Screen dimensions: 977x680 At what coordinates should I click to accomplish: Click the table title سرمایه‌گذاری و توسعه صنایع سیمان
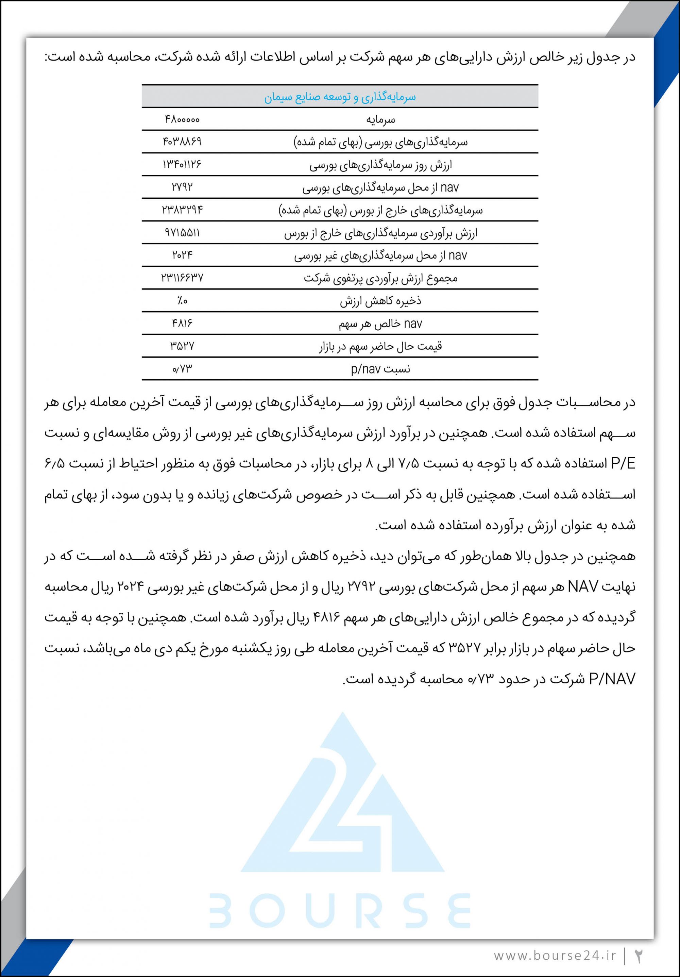click(x=340, y=97)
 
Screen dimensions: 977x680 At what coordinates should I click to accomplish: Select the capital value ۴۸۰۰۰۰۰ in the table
click(x=182, y=119)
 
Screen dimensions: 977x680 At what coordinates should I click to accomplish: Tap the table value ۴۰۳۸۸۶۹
click(x=182, y=142)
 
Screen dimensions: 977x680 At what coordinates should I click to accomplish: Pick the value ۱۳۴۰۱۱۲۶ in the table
click(x=182, y=164)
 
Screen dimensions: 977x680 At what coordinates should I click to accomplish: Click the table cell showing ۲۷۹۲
click(x=182, y=187)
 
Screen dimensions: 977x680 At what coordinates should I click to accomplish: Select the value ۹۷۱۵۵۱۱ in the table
click(x=182, y=232)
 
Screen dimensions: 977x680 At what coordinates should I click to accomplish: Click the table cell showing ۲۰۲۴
click(x=182, y=255)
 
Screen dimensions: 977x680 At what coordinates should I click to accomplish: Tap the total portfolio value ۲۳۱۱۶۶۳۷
click(x=182, y=278)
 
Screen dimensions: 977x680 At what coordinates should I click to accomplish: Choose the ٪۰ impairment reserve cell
click(x=182, y=301)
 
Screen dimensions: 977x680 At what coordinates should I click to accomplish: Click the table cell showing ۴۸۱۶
click(x=182, y=324)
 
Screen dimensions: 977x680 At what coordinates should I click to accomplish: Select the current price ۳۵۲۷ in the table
click(x=182, y=346)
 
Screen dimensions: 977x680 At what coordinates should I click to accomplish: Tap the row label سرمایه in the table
click(x=380, y=119)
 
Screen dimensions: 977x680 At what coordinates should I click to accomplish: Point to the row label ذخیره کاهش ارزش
click(x=380, y=301)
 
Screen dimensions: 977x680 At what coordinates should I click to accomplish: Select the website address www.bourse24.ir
click(x=555, y=956)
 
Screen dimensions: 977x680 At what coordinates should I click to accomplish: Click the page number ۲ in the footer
click(x=638, y=956)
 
